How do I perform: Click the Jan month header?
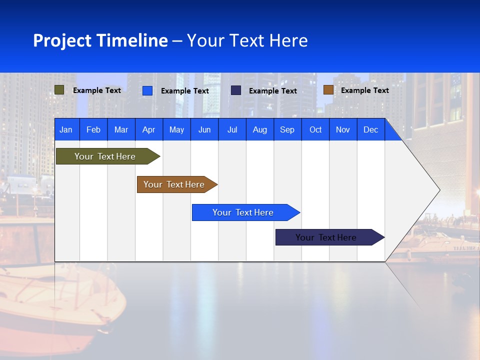[x=66, y=129]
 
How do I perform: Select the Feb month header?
[x=93, y=129]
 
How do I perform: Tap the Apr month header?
[x=148, y=129]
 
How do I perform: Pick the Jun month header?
[x=204, y=129]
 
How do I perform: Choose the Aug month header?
[x=259, y=129]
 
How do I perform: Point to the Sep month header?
[x=287, y=129]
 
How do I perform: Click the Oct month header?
[x=315, y=129]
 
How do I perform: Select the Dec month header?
[x=370, y=129]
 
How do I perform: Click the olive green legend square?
[x=59, y=90]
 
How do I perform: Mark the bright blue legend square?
[x=147, y=90]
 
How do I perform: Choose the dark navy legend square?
[x=236, y=90]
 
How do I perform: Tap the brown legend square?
[x=328, y=90]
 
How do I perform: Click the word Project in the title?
[x=62, y=40]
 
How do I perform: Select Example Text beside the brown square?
[x=364, y=90]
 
